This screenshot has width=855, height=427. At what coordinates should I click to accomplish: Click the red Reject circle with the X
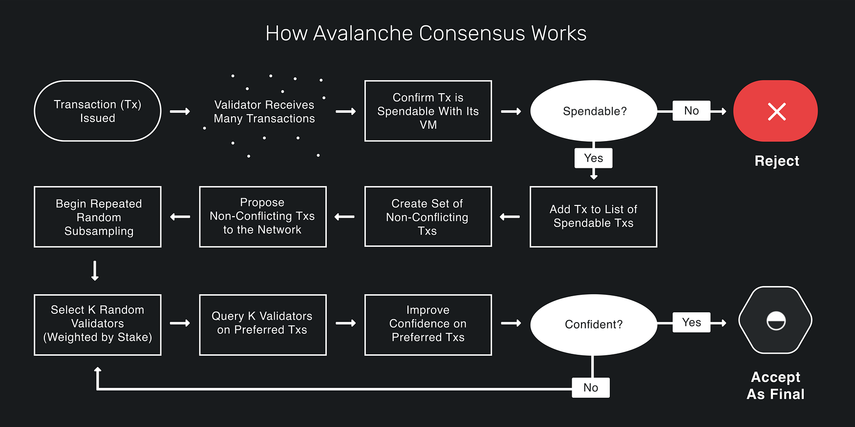tap(775, 111)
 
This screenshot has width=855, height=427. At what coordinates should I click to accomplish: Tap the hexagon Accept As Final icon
tap(775, 320)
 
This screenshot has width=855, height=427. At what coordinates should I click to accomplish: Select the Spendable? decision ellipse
tap(594, 111)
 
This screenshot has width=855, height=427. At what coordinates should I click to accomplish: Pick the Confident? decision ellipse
tap(594, 325)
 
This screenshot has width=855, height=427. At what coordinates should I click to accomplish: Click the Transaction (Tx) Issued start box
tap(98, 111)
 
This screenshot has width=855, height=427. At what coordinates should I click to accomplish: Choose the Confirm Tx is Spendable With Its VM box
tap(428, 111)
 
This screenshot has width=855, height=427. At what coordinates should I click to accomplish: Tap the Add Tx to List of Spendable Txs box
tap(593, 217)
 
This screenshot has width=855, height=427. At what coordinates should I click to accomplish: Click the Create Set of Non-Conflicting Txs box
tap(428, 217)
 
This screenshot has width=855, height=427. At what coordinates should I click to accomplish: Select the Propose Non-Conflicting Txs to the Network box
tap(263, 217)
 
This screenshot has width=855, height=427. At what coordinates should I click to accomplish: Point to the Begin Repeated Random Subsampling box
tap(98, 217)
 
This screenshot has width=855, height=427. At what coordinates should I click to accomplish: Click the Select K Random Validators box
tap(98, 325)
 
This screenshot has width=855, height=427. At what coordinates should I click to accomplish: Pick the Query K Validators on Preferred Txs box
tap(263, 325)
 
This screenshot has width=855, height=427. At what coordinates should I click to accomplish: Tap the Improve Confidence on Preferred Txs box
tap(428, 325)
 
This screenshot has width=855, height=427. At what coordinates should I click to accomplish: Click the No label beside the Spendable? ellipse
tap(691, 111)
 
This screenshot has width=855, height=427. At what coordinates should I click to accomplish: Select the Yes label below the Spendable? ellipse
tap(594, 158)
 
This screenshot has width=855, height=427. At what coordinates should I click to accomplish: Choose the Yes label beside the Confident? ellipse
tap(691, 323)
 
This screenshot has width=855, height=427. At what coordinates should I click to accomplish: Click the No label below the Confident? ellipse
tap(591, 388)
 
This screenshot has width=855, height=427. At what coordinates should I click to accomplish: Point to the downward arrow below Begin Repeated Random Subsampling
tap(95, 271)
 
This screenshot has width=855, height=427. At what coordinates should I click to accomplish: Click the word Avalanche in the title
tap(363, 33)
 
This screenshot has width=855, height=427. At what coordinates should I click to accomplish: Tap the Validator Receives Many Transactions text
tap(264, 112)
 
